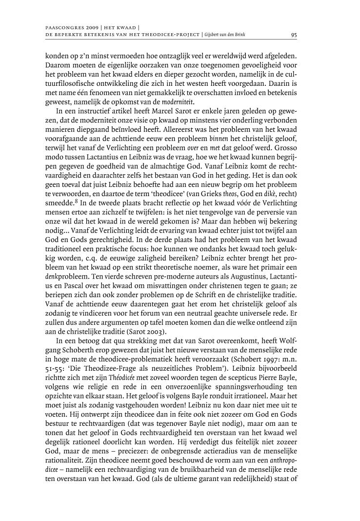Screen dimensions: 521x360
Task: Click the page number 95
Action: point(294,35)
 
